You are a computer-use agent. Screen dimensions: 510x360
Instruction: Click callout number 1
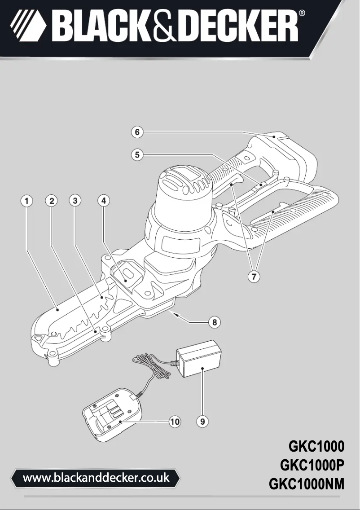coord(27,201)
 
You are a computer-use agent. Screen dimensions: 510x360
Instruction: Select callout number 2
coord(53,201)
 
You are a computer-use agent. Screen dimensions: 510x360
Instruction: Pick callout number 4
coord(104,201)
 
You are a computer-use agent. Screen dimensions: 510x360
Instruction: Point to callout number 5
coord(138,154)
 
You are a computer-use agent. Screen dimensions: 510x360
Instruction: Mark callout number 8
coord(215,322)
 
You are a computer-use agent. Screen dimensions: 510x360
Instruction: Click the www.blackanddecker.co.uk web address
coord(96,477)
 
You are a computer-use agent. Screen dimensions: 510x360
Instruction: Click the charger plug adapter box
coord(201,359)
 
